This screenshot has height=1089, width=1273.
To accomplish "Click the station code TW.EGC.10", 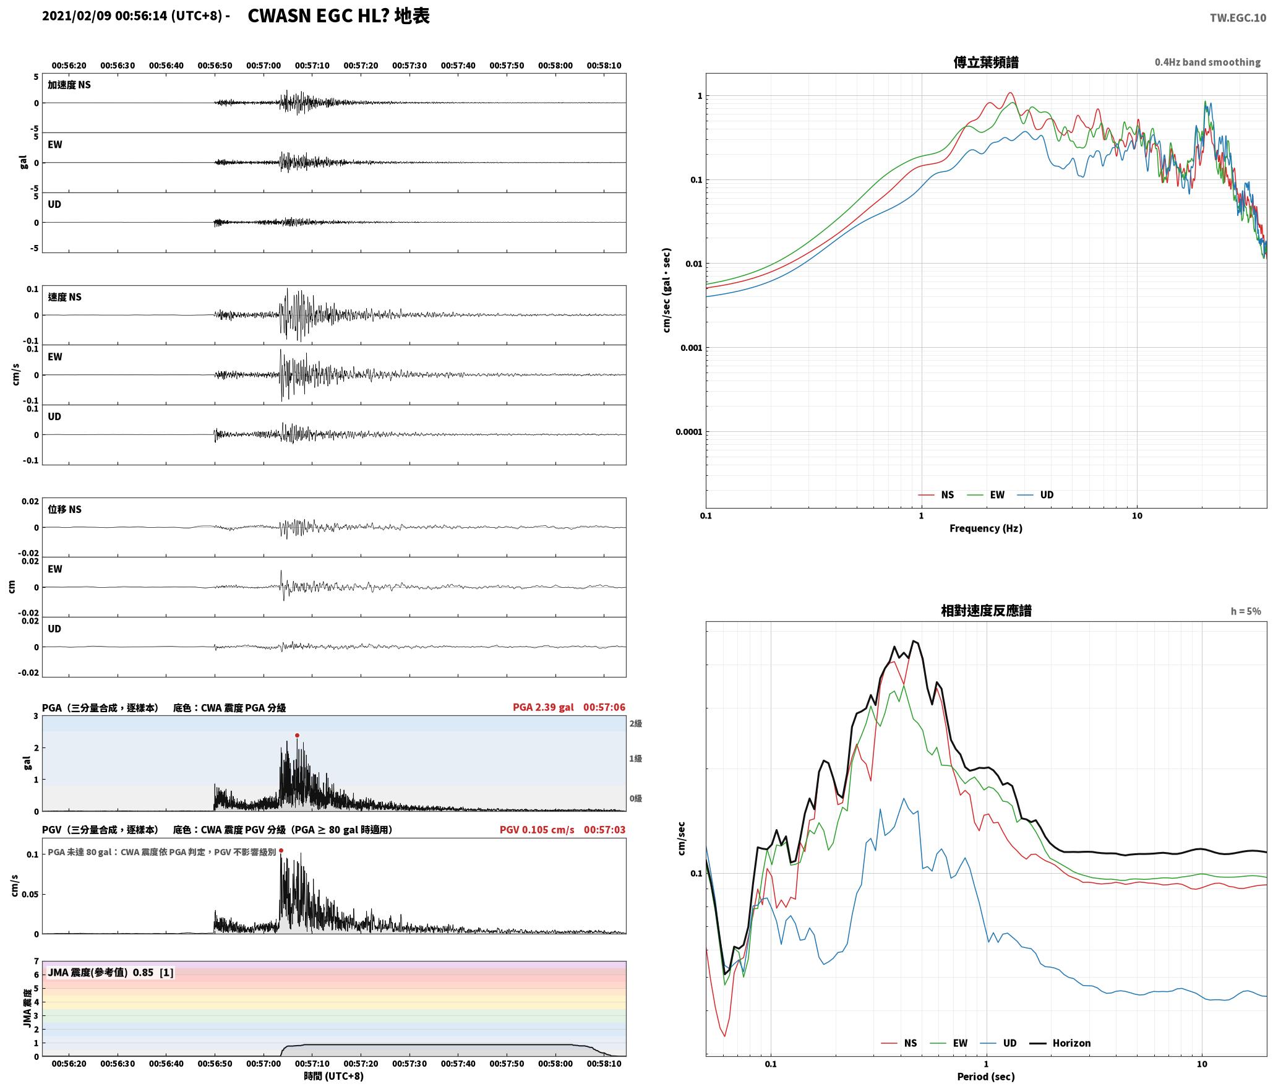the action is point(1238,18).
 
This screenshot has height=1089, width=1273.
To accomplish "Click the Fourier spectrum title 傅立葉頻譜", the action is point(986,62).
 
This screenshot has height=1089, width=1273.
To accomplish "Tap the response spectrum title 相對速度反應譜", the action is point(986,611).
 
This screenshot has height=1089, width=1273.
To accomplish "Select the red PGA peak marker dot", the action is point(297,735).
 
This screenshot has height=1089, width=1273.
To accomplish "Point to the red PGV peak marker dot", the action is point(281,851).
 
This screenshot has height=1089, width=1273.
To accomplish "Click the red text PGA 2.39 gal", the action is point(543,707).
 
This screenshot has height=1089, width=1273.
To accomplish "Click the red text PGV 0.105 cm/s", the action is point(537,830).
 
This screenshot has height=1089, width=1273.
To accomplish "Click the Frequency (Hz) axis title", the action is point(986,528).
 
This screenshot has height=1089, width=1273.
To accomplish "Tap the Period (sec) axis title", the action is point(986,1076).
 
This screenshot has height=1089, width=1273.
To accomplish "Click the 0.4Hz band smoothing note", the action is point(1207,62).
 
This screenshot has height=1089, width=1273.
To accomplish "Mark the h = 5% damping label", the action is point(1246,611).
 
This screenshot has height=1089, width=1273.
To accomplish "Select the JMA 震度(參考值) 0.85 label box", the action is point(110,972).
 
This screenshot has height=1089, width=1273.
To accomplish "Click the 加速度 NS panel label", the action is point(69,85).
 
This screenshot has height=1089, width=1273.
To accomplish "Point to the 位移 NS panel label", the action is point(65,509).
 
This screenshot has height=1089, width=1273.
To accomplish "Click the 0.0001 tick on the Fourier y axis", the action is point(689,431).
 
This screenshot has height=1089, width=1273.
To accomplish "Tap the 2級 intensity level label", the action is point(636,723).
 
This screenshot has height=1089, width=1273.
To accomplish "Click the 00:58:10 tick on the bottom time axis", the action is point(604,1064).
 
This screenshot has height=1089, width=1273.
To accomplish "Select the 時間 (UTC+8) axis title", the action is point(333,1076).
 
